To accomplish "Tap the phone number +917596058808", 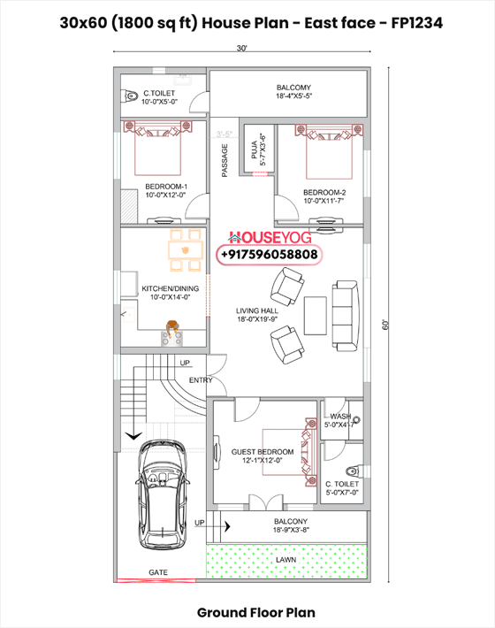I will coord(269,255).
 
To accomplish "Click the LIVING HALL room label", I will coord(257,315).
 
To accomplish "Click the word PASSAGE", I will coord(225,160).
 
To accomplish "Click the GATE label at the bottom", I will coord(158,573).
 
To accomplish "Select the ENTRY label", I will coord(201,380).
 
